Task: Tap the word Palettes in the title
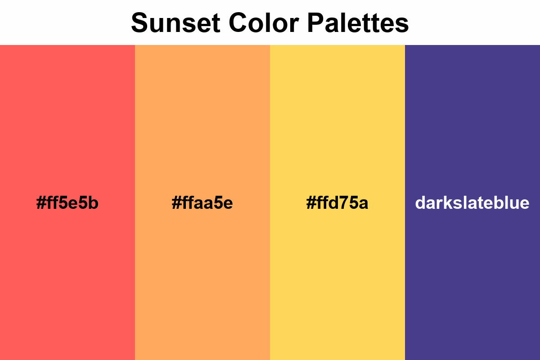pyautogui.click(x=358, y=22)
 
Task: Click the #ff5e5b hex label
pyautogui.click(x=67, y=203)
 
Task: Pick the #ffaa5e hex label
pyautogui.click(x=202, y=203)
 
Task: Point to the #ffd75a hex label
pyautogui.click(x=337, y=203)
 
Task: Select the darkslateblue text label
pyautogui.click(x=472, y=203)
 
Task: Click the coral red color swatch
pyautogui.click(x=67, y=112)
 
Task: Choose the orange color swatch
pyautogui.click(x=202, y=112)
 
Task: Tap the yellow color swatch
pyautogui.click(x=337, y=112)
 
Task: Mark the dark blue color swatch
pyautogui.click(x=472, y=112)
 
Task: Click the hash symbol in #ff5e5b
pyautogui.click(x=40, y=203)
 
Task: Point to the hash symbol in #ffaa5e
pyautogui.click(x=176, y=203)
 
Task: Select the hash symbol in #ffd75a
pyautogui.click(x=310, y=203)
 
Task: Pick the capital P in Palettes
pyautogui.click(x=316, y=22)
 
